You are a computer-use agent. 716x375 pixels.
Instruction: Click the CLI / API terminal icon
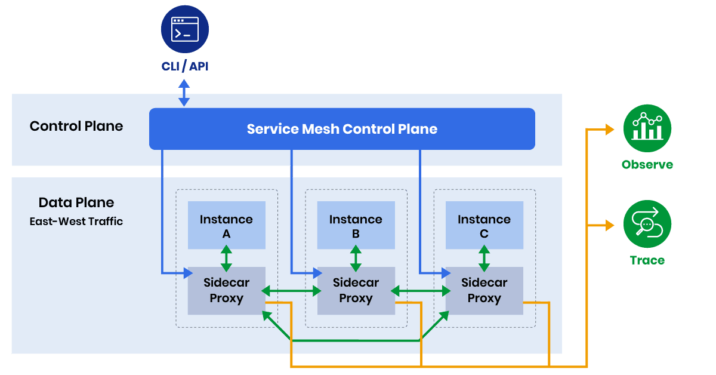pyautogui.click(x=184, y=29)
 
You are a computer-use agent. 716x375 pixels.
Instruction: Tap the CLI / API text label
pyautogui.click(x=184, y=66)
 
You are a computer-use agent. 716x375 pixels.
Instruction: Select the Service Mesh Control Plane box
pyautogui.click(x=342, y=129)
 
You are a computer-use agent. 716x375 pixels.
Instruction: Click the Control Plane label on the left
pyautogui.click(x=76, y=126)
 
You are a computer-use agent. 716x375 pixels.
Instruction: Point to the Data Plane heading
pyautogui.click(x=76, y=202)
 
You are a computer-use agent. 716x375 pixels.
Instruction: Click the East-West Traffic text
pyautogui.click(x=76, y=222)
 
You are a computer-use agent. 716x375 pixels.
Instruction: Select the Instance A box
pyautogui.click(x=226, y=225)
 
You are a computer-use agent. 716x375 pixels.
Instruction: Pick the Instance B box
pyautogui.click(x=356, y=225)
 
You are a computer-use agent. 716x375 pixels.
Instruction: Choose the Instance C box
pyautogui.click(x=484, y=225)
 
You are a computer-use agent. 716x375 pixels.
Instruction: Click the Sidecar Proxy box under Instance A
pyautogui.click(x=226, y=291)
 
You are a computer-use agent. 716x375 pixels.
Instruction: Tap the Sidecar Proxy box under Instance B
pyautogui.click(x=356, y=291)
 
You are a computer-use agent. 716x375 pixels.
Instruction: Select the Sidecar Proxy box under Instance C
pyautogui.click(x=484, y=291)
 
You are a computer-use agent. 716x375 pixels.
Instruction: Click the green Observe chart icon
pyautogui.click(x=647, y=128)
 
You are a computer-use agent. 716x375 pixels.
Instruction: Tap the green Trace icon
pyautogui.click(x=647, y=225)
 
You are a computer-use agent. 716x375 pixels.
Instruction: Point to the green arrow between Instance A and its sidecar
pyautogui.click(x=226, y=258)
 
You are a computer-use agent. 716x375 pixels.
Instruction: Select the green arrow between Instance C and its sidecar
pyautogui.click(x=484, y=258)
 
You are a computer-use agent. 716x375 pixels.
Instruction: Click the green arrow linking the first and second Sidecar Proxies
pyautogui.click(x=291, y=291)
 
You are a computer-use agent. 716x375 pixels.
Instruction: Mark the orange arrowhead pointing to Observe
pyautogui.click(x=609, y=129)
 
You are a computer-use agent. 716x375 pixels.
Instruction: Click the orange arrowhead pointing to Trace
pyautogui.click(x=609, y=226)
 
